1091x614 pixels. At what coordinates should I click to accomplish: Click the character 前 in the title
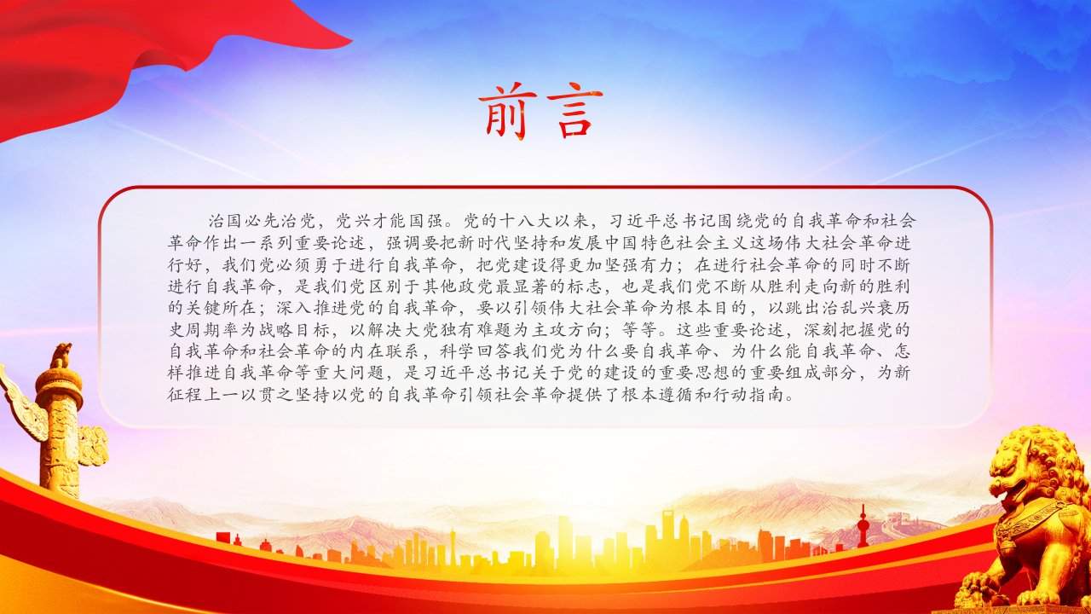tap(507, 111)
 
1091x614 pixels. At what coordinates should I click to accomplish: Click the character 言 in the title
tap(574, 111)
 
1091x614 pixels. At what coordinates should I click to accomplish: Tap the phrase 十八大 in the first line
tap(525, 221)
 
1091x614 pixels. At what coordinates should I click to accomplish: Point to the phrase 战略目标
tap(294, 330)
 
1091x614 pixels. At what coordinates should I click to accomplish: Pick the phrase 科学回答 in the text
tap(476, 351)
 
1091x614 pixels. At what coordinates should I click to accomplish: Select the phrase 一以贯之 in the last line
tap(257, 394)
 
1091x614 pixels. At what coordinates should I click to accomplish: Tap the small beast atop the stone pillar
tap(61, 356)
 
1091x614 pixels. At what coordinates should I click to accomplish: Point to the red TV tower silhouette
tap(863, 527)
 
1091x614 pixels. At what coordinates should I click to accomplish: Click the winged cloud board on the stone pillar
tap(19, 404)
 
